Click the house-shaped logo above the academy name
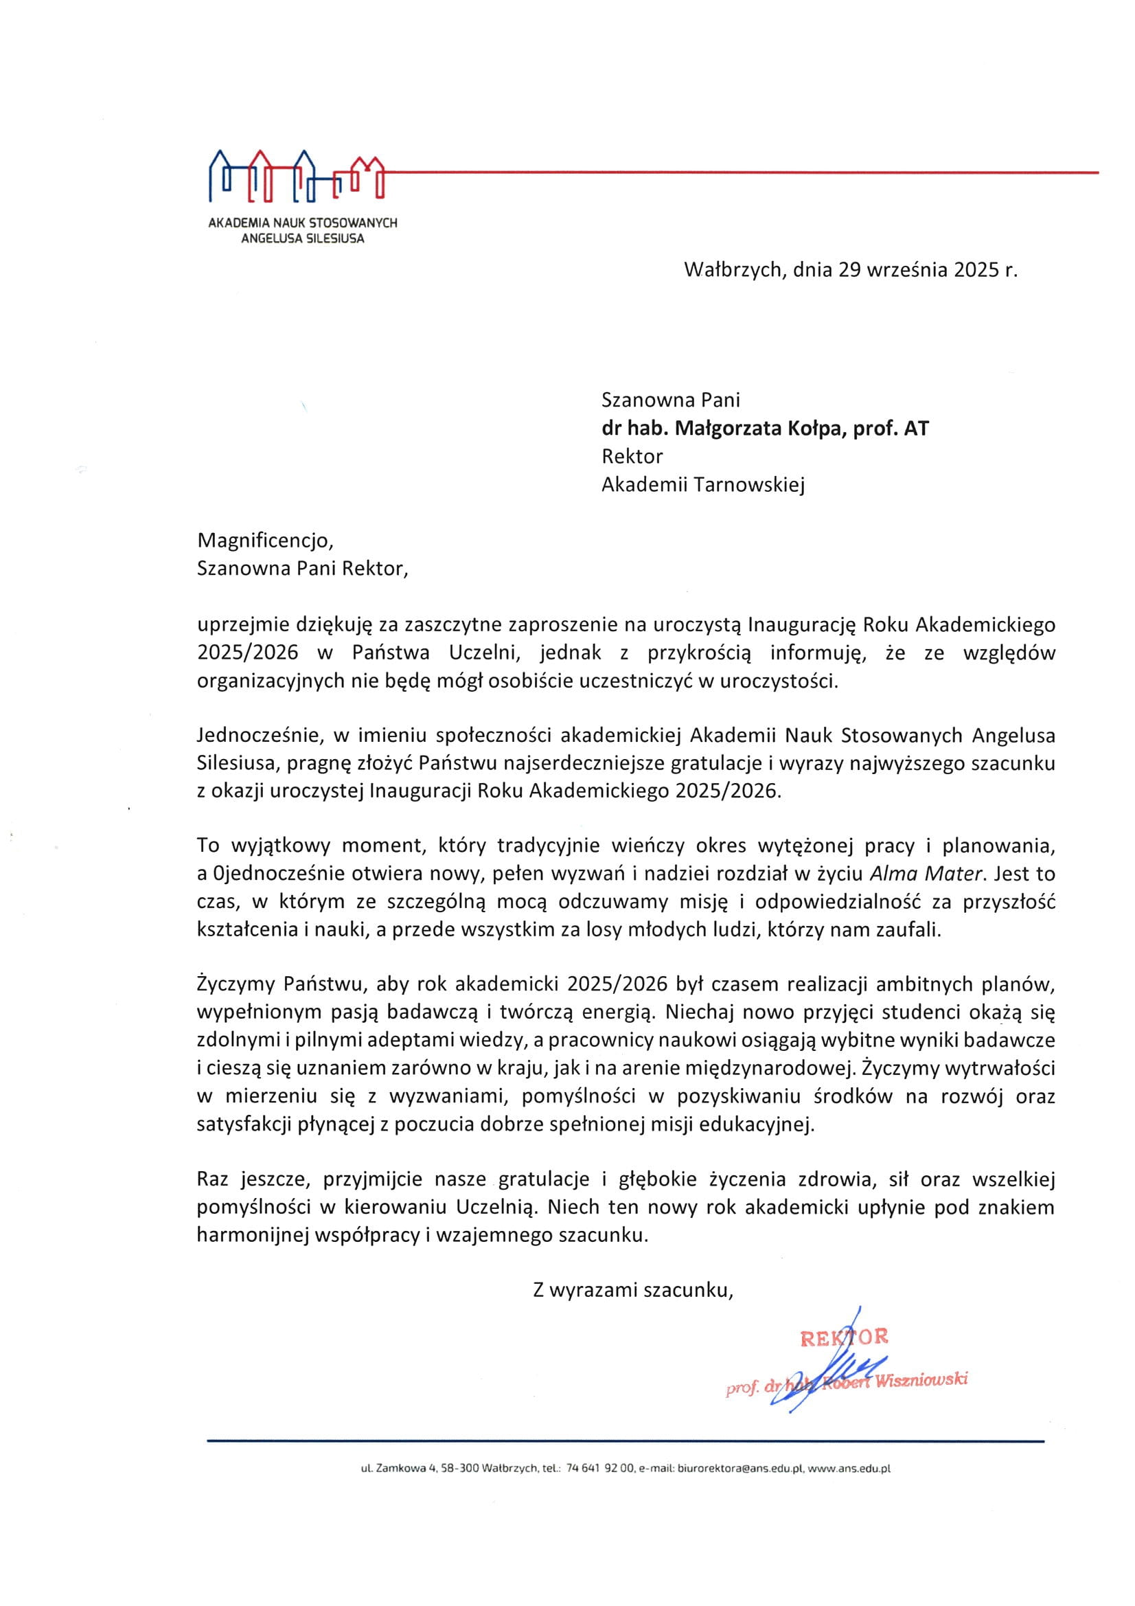(297, 175)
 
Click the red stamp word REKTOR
(844, 1337)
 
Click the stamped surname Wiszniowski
(921, 1380)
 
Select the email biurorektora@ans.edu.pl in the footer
(742, 1468)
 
